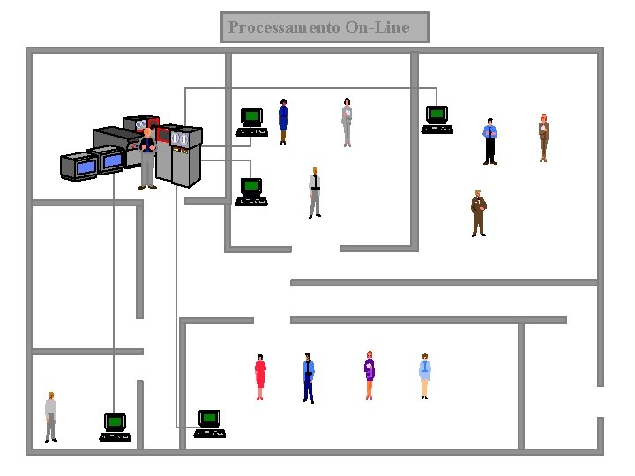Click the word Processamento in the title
click(284, 27)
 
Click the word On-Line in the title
click(377, 27)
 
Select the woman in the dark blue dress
click(283, 121)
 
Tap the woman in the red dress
click(260, 377)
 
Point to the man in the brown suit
click(478, 213)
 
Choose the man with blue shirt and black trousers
click(490, 141)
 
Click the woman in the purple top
click(370, 376)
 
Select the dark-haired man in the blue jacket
click(308, 377)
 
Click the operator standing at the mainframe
click(147, 159)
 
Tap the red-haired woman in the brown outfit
click(544, 138)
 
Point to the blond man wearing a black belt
click(315, 191)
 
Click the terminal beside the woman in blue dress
click(252, 123)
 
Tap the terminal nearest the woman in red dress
click(209, 423)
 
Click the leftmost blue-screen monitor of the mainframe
click(78, 166)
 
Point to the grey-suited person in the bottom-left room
click(51, 417)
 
